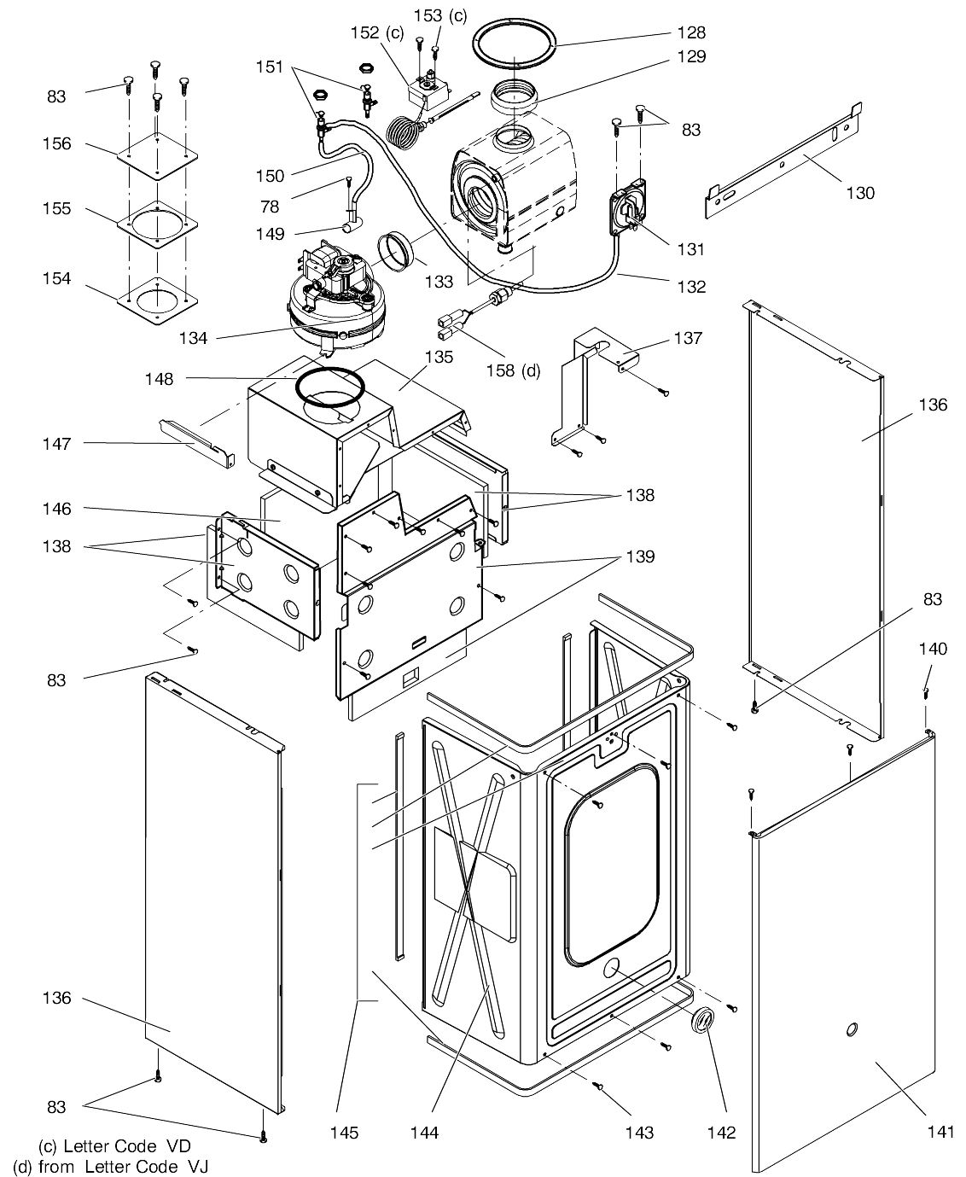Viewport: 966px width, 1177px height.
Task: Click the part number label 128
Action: [692, 32]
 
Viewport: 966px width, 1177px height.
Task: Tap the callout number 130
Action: [859, 193]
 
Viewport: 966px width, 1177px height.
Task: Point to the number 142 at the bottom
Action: [721, 1133]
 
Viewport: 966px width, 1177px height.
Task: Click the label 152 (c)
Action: [376, 32]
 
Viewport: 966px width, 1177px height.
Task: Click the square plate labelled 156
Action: [157, 153]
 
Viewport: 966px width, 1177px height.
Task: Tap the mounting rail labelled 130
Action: [785, 162]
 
